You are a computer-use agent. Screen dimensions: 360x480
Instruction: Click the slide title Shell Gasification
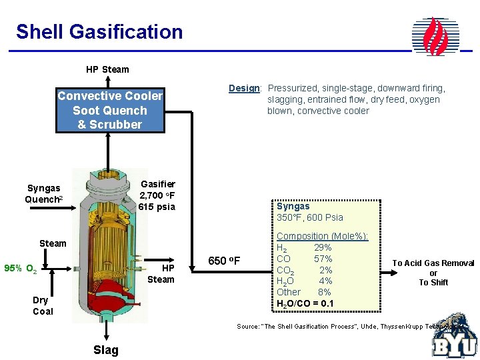99,31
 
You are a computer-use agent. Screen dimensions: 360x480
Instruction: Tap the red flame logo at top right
436,36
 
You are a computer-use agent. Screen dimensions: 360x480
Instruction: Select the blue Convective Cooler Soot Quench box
110,110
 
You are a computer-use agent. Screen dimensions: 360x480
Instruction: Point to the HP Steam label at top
107,69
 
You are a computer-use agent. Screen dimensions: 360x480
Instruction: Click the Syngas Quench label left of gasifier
44,194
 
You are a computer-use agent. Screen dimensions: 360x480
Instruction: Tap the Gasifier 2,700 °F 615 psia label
157,195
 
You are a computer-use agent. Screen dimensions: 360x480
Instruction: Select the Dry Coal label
43,305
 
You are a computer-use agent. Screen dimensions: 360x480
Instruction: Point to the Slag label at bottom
105,350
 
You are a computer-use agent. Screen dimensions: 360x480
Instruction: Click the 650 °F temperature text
225,260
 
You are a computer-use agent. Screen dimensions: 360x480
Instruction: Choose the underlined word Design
244,88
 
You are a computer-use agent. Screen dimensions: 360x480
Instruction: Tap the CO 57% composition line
304,259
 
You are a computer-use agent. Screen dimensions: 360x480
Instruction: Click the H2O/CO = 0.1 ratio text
305,304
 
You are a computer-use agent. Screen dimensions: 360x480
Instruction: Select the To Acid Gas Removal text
433,264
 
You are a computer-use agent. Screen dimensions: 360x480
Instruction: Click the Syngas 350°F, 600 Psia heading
309,212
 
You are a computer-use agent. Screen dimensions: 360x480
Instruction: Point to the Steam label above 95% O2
53,243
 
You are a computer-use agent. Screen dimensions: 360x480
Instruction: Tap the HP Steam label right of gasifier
161,273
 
